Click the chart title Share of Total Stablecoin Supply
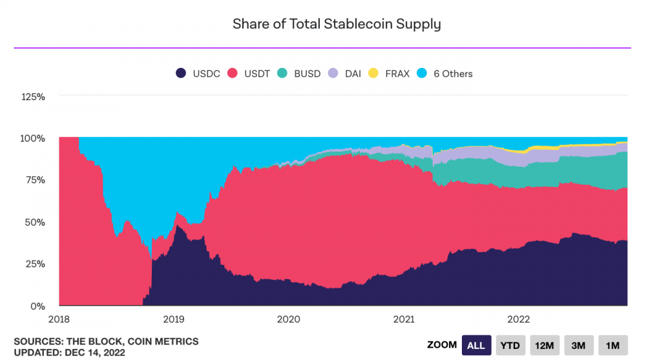click(337, 25)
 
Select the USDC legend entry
click(199, 74)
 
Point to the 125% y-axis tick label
click(33, 97)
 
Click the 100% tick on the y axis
click(33, 138)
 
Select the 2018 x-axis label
click(59, 319)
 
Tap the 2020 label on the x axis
click(289, 319)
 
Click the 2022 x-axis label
click(519, 319)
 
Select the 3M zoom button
click(579, 345)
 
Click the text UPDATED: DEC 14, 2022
click(69, 352)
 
